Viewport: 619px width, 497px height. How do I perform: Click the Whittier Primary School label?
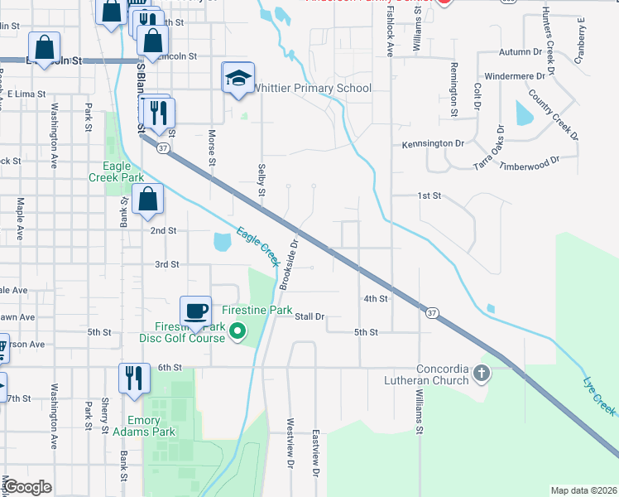coord(312,88)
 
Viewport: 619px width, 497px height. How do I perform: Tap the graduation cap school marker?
coord(238,79)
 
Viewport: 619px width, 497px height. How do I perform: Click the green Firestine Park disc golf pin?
coord(238,332)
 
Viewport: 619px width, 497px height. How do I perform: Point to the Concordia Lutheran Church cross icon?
coord(482,373)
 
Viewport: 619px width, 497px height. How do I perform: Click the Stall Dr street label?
coord(309,316)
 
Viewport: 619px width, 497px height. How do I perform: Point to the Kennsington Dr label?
coord(433,143)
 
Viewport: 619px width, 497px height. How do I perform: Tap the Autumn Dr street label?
coord(519,51)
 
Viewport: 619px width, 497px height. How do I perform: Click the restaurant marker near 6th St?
coord(133,378)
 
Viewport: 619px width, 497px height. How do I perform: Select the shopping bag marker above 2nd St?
coord(147,199)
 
